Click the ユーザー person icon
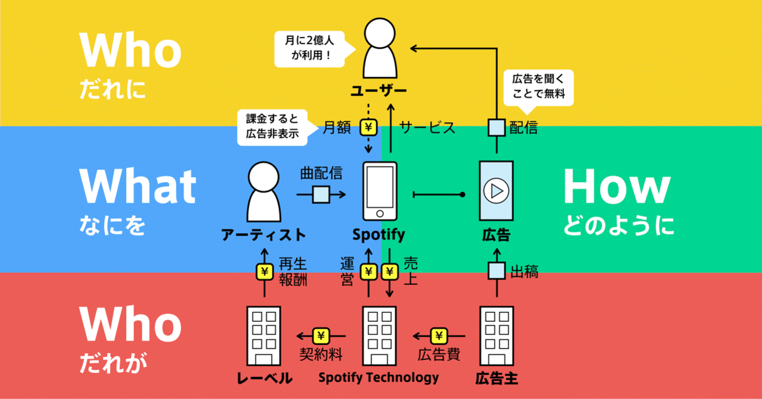[379, 48]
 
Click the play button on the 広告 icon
[496, 191]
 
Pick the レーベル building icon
[264, 335]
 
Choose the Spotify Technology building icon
[379, 335]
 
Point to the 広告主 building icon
[496, 335]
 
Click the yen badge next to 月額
[369, 127]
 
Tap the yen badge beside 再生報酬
[264, 272]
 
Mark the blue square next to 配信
[496, 127]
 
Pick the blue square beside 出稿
[496, 272]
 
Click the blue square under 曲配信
[321, 194]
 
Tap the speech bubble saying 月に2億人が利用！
[308, 49]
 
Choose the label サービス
[427, 127]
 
